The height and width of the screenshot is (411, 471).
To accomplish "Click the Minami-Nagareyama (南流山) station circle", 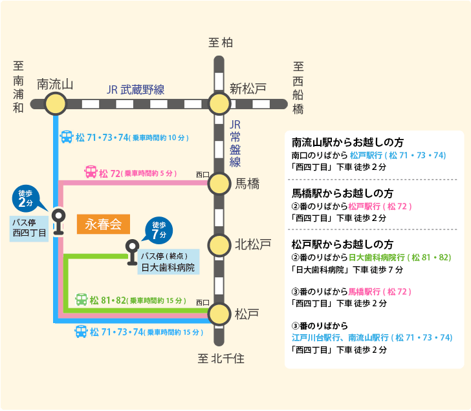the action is click(x=55, y=104).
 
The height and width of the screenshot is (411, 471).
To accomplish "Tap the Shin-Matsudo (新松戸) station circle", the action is click(x=219, y=104).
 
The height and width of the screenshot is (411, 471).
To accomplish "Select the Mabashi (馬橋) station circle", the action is click(x=219, y=184).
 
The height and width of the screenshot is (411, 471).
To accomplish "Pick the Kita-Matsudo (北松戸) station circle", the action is click(x=219, y=245).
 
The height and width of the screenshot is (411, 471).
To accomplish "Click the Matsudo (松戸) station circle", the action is click(x=219, y=314).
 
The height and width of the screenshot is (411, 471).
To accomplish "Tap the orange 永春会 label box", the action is click(x=104, y=224).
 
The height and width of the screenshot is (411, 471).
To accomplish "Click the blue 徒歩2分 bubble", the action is click(x=27, y=198).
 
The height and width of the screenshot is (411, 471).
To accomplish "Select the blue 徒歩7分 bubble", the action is click(x=159, y=231).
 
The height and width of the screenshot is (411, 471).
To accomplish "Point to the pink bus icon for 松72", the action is click(x=91, y=172).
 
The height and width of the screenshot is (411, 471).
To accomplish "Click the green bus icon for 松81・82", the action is click(x=81, y=299).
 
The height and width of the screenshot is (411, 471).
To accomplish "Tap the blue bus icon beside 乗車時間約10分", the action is click(x=67, y=137).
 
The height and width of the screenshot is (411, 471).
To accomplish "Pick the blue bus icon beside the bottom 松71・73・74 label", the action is click(x=81, y=332).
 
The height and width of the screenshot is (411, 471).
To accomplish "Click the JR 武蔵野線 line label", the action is click(x=135, y=90).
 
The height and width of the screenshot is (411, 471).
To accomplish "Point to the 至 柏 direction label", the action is click(x=221, y=43).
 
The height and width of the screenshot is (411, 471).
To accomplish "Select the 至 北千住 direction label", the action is click(x=221, y=359).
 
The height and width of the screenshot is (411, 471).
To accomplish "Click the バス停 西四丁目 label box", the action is click(x=29, y=229).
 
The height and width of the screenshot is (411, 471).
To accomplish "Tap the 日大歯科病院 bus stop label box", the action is click(x=168, y=262).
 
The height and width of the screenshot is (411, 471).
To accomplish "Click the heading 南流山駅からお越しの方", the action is click(x=347, y=143).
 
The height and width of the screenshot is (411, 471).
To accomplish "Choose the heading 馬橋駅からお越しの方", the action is click(x=342, y=193).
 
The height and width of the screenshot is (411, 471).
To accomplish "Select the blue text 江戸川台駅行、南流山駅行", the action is click(x=340, y=338).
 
